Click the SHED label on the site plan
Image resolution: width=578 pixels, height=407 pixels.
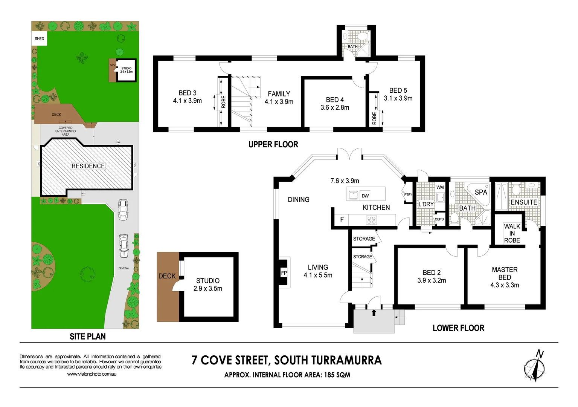[x=39, y=38]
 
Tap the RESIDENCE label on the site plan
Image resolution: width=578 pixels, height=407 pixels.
[x=88, y=166]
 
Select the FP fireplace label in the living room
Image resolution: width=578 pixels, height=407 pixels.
[x=284, y=273]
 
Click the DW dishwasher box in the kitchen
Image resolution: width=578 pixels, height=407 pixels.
[x=365, y=196]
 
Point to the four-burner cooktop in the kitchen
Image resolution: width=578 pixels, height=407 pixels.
[x=371, y=220]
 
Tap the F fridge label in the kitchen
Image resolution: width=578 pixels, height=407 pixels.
[x=342, y=219]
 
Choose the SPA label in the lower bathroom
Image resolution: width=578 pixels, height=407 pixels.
[x=481, y=192]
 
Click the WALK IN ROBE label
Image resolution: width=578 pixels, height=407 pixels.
[x=512, y=233]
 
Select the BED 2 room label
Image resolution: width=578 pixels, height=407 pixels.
[x=432, y=272]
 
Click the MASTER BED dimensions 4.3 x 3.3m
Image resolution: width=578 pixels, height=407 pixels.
[x=505, y=285]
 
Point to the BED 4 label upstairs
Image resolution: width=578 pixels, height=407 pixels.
[x=335, y=100]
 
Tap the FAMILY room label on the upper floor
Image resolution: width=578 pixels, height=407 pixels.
[x=279, y=94]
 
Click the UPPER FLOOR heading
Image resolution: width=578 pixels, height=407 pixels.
[x=273, y=144]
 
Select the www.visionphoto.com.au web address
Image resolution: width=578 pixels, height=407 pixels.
[x=92, y=374]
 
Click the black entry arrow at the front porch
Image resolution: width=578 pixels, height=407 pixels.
[x=374, y=312]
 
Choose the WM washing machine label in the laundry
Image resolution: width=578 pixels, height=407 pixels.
[x=440, y=187]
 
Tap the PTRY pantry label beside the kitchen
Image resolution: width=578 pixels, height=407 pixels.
[x=408, y=194]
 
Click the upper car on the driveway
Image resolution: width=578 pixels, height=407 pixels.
[x=123, y=210]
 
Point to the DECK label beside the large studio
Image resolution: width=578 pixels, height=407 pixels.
[x=167, y=276]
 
